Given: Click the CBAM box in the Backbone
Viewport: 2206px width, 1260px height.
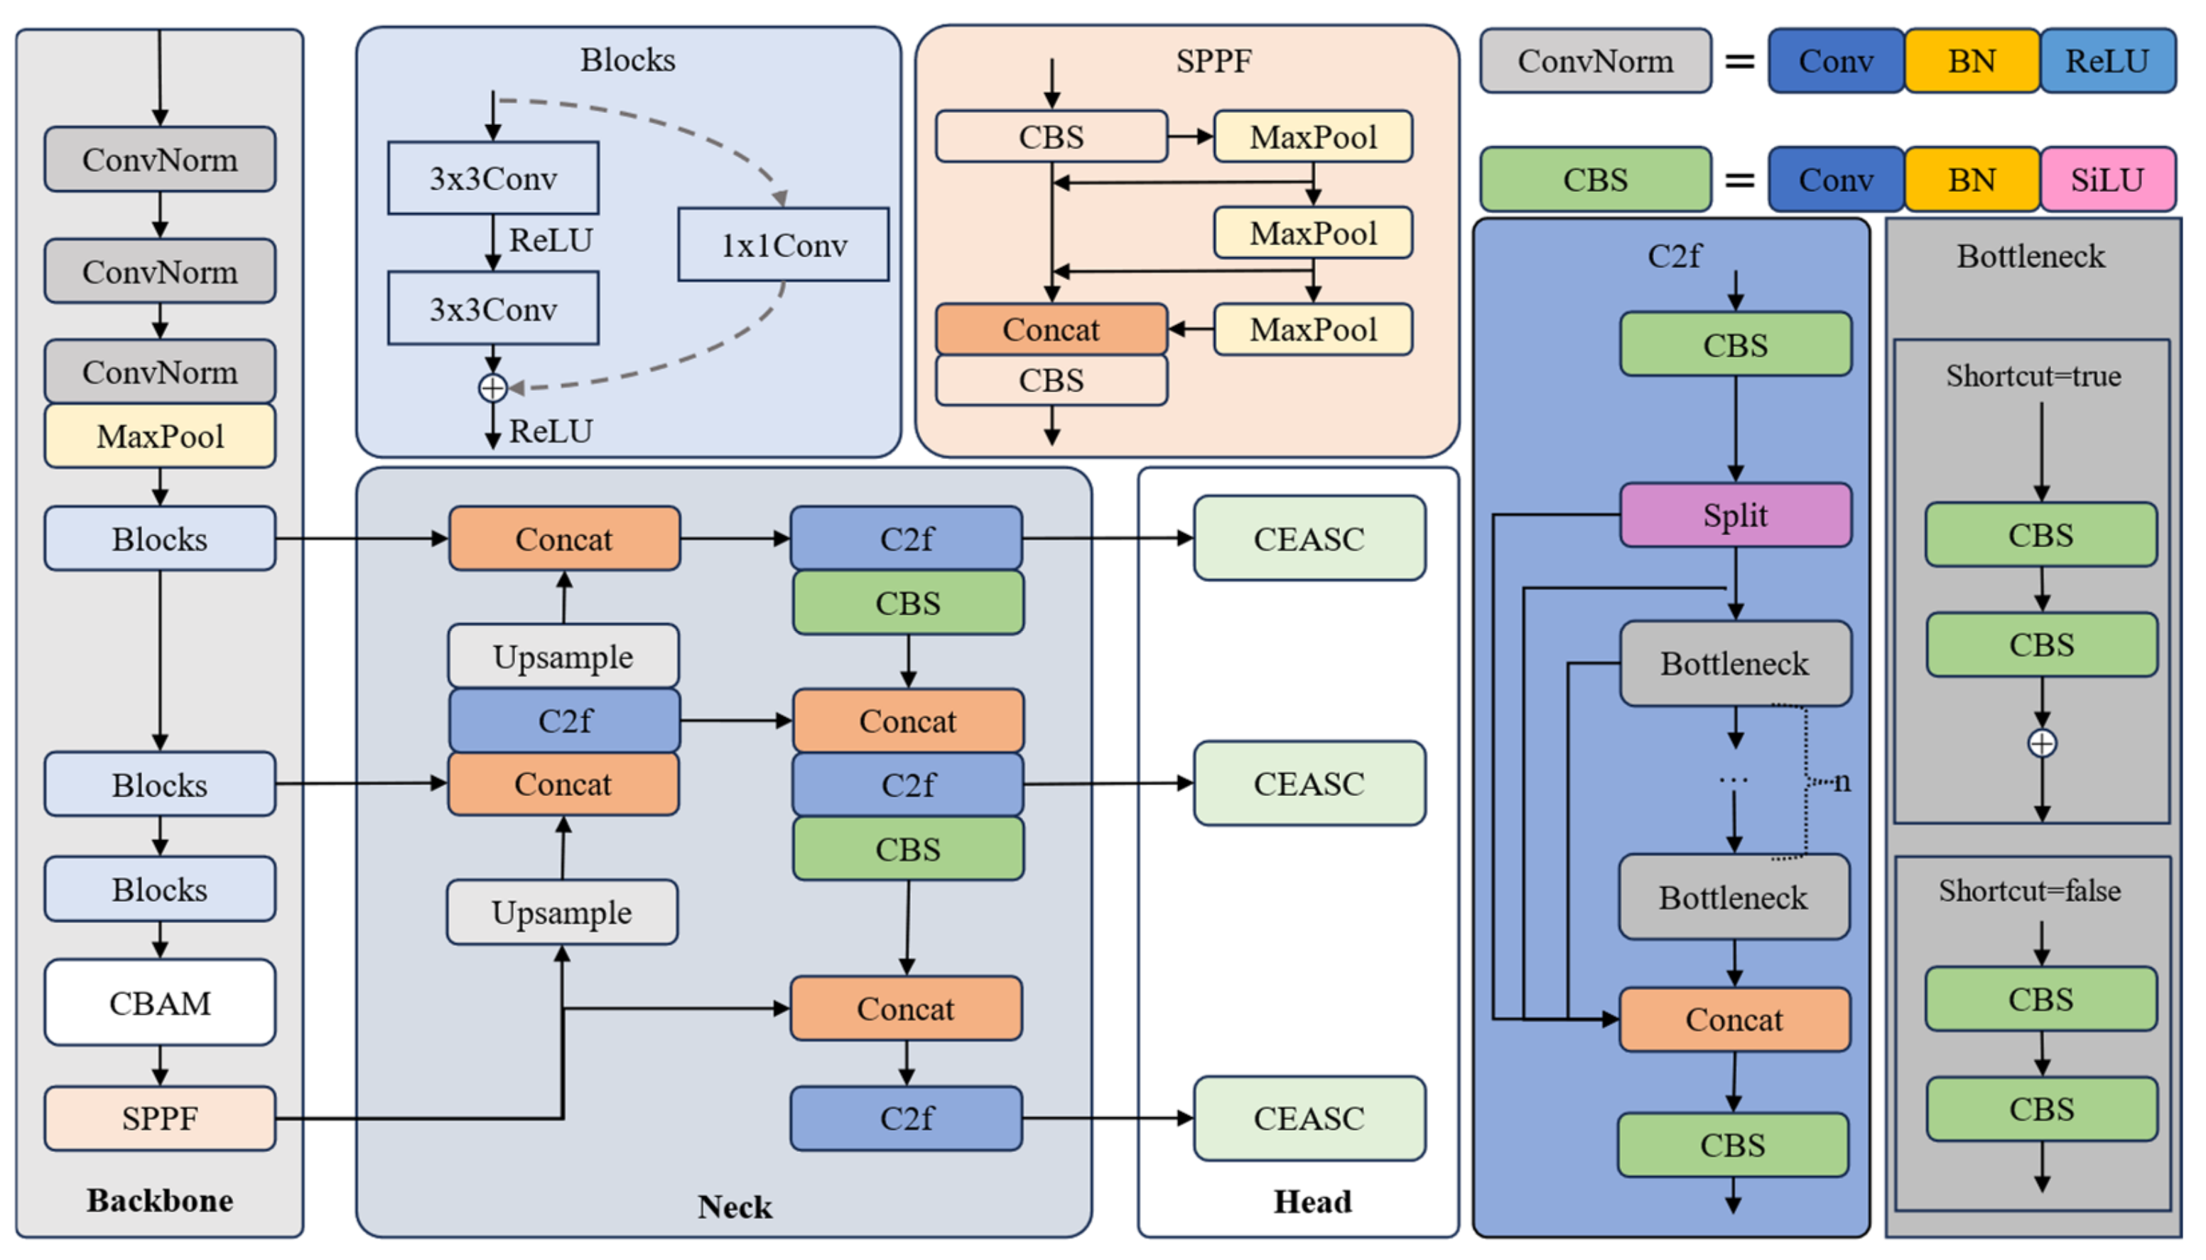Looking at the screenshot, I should pos(160,1002).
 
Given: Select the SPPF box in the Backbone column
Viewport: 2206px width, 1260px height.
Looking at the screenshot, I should pos(160,1117).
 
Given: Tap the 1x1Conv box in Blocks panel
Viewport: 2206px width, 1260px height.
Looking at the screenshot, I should pos(783,245).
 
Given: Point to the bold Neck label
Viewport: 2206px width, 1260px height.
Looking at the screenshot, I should pos(735,1205).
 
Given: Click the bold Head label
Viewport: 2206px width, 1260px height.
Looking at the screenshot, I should pos(1312,1201).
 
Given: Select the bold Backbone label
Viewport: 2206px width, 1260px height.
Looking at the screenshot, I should pos(160,1200).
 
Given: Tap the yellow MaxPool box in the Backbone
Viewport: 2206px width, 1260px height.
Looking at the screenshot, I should pos(160,436).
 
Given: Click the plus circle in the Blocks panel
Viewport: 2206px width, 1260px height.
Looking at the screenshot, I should pos(492,388).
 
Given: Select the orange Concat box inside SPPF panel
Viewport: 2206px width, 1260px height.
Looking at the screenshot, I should pos(1051,329).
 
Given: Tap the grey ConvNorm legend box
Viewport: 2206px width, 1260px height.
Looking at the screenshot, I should pos(1594,60).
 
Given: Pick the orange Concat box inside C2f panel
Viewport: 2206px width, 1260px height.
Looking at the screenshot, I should pos(1734,1018).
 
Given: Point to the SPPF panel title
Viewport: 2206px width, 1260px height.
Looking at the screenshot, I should pos(1213,60).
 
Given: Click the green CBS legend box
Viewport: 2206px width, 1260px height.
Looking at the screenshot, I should pos(1594,180).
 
